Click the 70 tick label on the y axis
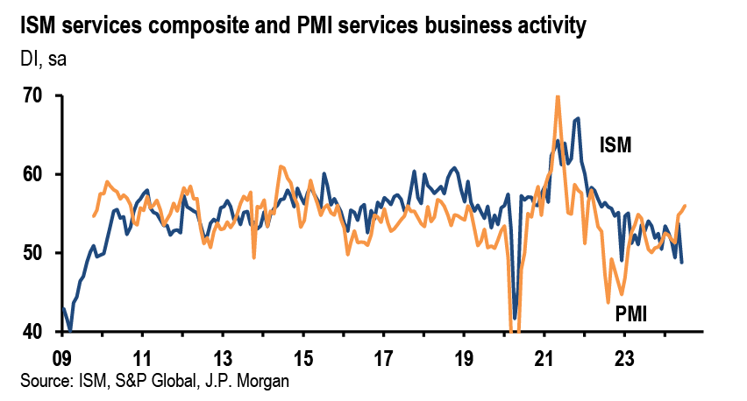tap(33, 96)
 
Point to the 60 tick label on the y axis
tap(33, 175)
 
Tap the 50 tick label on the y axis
tap(33, 254)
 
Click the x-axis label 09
tap(61, 359)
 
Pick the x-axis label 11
tap(142, 359)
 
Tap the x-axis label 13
tap(223, 359)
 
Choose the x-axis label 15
tap(303, 359)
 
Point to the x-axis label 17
tap(383, 359)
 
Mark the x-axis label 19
tap(464, 359)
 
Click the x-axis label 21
tap(544, 359)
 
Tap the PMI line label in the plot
tap(630, 313)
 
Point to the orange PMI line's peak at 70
tap(558, 96)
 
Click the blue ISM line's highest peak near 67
tap(578, 118)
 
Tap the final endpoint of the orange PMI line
tap(685, 206)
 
